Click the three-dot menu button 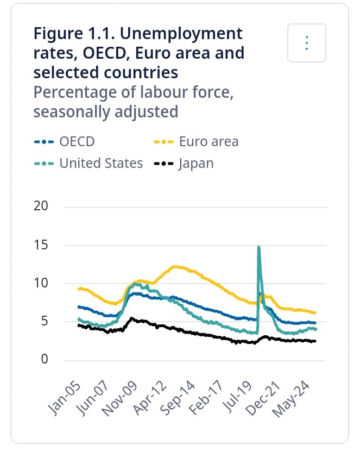(307, 43)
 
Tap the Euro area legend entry (196, 141)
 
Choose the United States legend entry (88, 164)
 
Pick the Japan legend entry (184, 164)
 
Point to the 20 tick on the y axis (41, 206)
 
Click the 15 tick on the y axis (41, 245)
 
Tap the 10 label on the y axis (41, 283)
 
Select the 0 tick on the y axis (45, 359)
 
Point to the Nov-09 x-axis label (120, 399)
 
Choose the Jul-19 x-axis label (237, 397)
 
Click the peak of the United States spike (259, 247)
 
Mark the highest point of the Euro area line (175, 267)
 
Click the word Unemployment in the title (181, 34)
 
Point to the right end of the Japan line (315, 341)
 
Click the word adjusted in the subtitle (147, 112)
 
